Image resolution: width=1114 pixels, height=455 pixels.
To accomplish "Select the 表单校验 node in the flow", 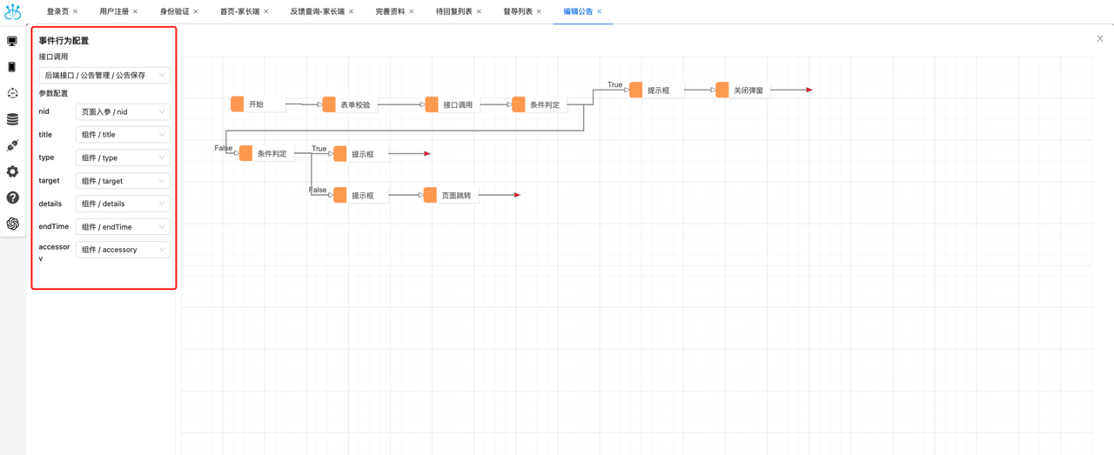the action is pyautogui.click(x=350, y=104).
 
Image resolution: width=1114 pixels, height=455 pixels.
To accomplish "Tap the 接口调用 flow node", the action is pyautogui.click(x=452, y=104).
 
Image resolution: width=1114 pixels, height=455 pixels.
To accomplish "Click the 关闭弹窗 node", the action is pyautogui.click(x=743, y=90).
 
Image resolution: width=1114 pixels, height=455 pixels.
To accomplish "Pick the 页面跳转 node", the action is pyautogui.click(x=451, y=195).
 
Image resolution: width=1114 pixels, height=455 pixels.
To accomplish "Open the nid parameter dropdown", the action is pyautogui.click(x=123, y=112).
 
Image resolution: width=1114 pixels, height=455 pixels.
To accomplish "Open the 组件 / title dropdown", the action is pyautogui.click(x=123, y=135).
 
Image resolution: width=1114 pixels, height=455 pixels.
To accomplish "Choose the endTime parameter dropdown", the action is pyautogui.click(x=123, y=227).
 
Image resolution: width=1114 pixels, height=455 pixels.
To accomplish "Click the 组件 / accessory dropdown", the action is pyautogui.click(x=123, y=250).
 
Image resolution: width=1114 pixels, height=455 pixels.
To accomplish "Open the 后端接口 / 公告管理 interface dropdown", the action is pyautogui.click(x=104, y=75).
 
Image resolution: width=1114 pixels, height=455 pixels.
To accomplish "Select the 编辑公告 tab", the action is pyautogui.click(x=578, y=11).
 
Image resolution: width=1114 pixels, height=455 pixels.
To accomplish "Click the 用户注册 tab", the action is pyautogui.click(x=114, y=11).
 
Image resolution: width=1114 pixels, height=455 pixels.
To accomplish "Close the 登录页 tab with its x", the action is pyautogui.click(x=76, y=11).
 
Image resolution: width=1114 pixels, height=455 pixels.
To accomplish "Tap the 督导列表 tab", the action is pyautogui.click(x=518, y=11).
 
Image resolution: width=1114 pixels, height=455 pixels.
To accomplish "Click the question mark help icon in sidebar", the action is pyautogui.click(x=12, y=197).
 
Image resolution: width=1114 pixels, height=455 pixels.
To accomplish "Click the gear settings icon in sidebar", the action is pyautogui.click(x=12, y=171).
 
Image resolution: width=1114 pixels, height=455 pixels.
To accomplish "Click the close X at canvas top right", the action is pyautogui.click(x=1099, y=39).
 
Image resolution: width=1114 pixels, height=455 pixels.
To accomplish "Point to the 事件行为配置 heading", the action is pyautogui.click(x=64, y=41).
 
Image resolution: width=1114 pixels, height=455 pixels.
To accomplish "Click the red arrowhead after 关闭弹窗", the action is pyautogui.click(x=809, y=90).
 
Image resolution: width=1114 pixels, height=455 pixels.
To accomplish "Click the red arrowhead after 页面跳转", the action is pyautogui.click(x=517, y=195).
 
